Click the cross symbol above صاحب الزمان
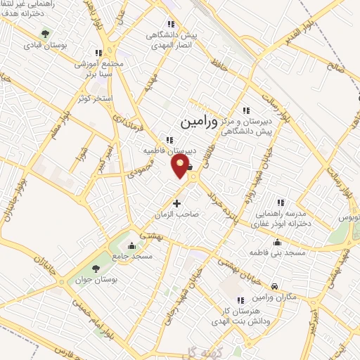176,203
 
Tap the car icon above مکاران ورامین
274,286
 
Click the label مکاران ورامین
275,298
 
